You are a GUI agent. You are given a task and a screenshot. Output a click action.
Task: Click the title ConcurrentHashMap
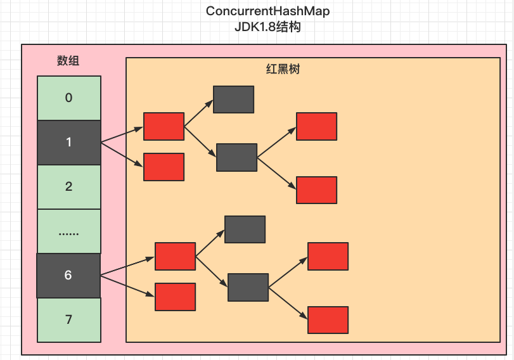click(267, 11)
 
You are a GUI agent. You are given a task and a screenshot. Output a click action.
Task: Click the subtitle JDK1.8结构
click(267, 27)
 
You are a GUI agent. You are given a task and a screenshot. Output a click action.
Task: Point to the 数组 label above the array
click(68, 61)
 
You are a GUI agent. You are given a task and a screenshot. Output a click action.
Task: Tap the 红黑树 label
click(282, 69)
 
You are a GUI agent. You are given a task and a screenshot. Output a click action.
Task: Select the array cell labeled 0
click(68, 98)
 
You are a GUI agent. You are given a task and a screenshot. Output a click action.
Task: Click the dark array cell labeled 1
click(68, 143)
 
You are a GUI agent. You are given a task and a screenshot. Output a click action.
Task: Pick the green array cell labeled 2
click(68, 186)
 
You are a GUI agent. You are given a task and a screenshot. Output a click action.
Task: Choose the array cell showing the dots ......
click(68, 231)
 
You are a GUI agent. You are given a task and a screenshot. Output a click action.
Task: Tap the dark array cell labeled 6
click(68, 276)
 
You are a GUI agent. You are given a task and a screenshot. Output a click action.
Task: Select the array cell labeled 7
click(68, 319)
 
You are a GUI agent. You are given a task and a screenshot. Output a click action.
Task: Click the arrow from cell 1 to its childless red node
click(122, 155)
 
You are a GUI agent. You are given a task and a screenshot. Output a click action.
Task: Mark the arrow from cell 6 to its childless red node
click(128, 286)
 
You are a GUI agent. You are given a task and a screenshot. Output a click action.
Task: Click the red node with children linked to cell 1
click(164, 126)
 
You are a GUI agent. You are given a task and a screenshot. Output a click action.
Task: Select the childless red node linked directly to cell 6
click(175, 297)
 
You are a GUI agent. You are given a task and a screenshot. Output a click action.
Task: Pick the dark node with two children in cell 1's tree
click(236, 157)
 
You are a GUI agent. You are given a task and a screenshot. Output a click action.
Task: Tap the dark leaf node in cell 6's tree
click(245, 229)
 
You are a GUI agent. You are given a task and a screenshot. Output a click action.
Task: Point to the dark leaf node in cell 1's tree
click(233, 99)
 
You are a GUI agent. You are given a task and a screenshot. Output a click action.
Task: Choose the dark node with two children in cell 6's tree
click(248, 287)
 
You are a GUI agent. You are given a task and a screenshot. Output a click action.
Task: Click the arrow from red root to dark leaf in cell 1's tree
click(198, 113)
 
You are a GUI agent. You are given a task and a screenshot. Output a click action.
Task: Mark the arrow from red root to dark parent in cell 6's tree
click(212, 272)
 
